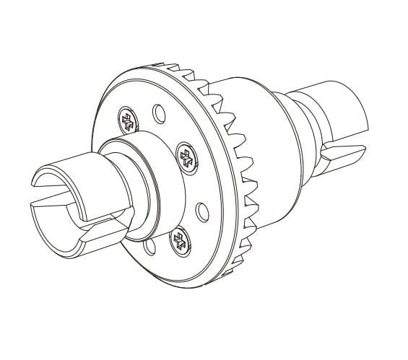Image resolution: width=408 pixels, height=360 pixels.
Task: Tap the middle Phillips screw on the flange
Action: click(187, 157)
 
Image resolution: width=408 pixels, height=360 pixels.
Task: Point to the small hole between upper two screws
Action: click(156, 113)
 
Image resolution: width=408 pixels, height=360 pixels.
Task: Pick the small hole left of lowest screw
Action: click(149, 247)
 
